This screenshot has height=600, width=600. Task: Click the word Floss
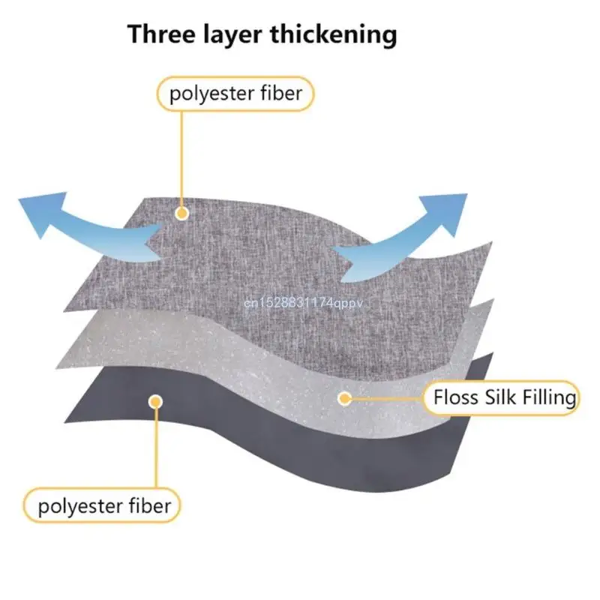457,397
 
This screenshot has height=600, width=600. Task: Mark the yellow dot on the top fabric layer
181,213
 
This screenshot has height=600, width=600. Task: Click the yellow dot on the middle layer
344,398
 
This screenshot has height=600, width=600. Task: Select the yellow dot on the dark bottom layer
155,402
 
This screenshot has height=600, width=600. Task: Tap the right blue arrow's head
447,211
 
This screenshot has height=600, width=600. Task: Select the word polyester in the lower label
81,507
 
